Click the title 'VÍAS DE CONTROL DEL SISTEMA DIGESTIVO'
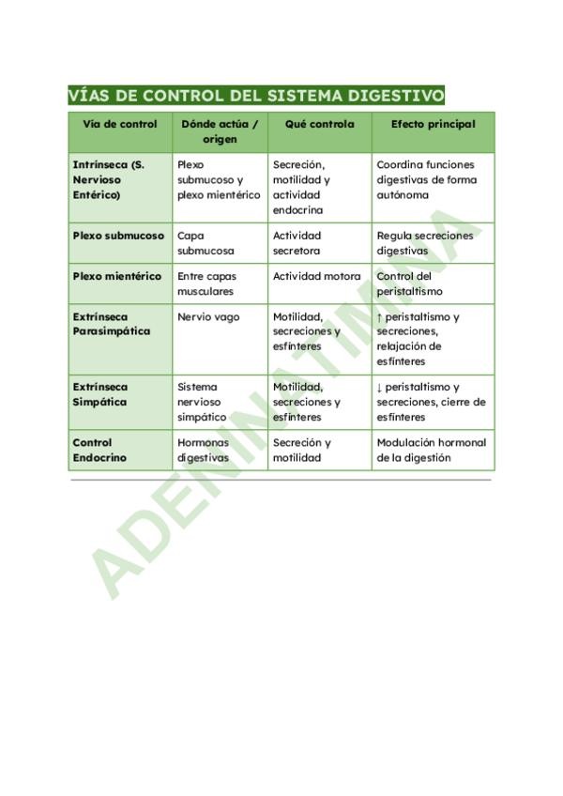(x=256, y=96)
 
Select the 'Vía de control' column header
(x=119, y=124)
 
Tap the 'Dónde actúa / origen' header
(x=220, y=131)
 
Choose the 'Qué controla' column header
(x=319, y=124)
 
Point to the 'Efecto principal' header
(x=433, y=124)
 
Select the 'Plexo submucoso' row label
(x=118, y=236)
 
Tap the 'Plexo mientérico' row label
(x=116, y=276)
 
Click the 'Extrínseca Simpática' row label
(x=99, y=394)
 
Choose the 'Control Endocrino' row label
(x=99, y=450)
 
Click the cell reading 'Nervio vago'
(x=208, y=317)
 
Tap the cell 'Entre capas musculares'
(x=206, y=283)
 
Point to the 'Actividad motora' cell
(x=316, y=276)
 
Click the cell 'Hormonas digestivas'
(x=203, y=450)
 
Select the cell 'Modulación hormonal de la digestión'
(x=431, y=450)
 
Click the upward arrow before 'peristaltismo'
(x=380, y=317)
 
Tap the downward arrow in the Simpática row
(x=380, y=387)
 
